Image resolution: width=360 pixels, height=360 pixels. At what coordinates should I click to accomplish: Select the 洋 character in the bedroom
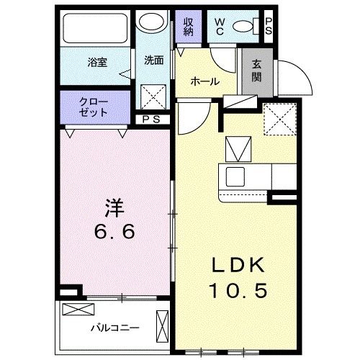(x=116, y=210)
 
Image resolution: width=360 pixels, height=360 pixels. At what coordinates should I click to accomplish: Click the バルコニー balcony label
(x=114, y=328)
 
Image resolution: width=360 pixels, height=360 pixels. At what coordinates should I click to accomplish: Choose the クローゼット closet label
(x=94, y=107)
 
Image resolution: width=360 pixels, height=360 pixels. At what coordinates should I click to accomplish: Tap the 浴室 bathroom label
(x=97, y=62)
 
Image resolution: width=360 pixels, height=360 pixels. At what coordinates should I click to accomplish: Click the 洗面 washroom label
(x=153, y=61)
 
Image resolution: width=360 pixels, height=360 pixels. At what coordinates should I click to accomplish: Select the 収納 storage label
(x=189, y=27)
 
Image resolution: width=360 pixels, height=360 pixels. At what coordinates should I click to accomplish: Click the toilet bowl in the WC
(x=246, y=27)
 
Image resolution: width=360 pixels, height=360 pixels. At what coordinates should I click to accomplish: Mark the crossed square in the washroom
(x=153, y=96)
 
